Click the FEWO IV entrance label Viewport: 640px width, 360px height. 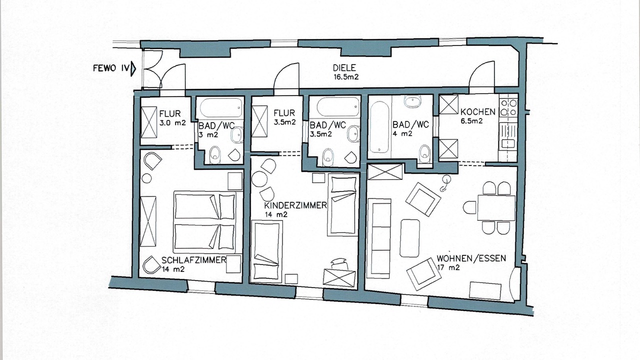[111, 68]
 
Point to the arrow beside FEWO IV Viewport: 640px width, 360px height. [133, 69]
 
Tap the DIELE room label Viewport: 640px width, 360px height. [344, 67]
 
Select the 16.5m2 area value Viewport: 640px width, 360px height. [345, 77]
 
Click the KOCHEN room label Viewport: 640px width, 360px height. [477, 111]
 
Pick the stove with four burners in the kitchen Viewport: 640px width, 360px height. [508, 107]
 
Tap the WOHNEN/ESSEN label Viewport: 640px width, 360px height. [471, 258]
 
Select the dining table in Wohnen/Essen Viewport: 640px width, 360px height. [496, 207]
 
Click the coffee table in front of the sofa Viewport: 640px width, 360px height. [409, 238]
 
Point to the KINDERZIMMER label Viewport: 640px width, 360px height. [295, 205]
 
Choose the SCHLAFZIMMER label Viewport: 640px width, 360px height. [193, 260]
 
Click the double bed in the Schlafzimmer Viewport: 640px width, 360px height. [205, 222]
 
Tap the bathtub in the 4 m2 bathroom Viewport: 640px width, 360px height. [379, 127]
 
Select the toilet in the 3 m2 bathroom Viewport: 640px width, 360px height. [214, 155]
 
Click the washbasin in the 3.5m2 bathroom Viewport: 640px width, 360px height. [353, 133]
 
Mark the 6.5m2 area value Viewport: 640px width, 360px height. [471, 121]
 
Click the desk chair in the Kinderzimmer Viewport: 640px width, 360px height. [339, 263]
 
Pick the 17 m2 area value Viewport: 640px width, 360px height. [448, 267]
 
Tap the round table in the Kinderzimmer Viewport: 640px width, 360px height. [259, 179]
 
